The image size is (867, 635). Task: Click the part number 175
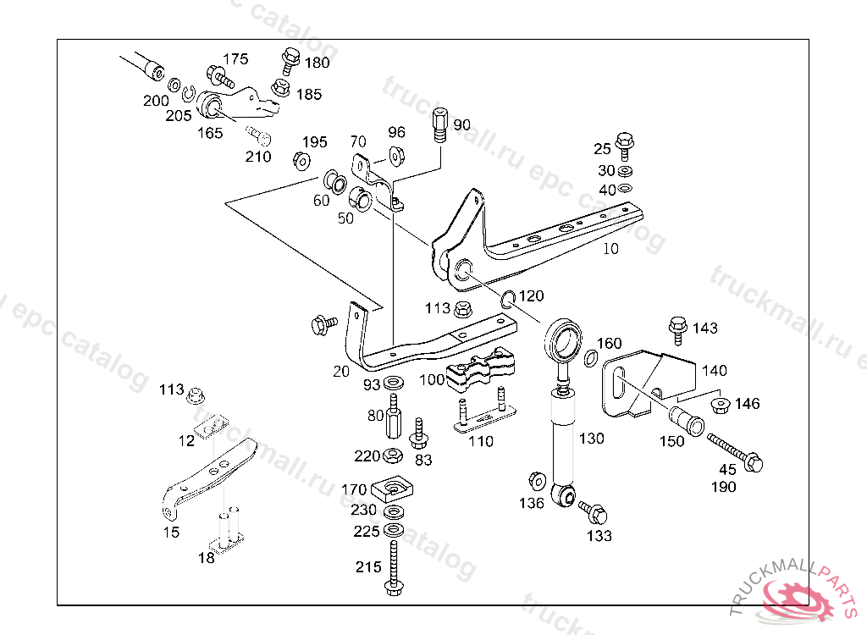click(235, 58)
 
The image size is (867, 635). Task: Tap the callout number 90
click(461, 125)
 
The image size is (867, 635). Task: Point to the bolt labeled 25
click(625, 143)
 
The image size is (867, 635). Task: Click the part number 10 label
click(610, 250)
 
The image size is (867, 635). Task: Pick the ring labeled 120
click(508, 298)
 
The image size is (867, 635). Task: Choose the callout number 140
click(715, 370)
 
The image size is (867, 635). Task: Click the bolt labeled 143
click(677, 326)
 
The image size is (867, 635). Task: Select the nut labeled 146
click(721, 405)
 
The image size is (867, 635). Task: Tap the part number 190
click(724, 487)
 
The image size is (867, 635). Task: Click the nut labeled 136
click(536, 482)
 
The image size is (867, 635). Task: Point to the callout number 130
click(591, 439)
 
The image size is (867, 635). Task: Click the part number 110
click(480, 441)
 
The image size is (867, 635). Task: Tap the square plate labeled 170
click(392, 489)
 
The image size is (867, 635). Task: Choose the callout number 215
click(368, 567)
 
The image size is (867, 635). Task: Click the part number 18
click(206, 558)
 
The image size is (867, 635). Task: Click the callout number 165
click(210, 133)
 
